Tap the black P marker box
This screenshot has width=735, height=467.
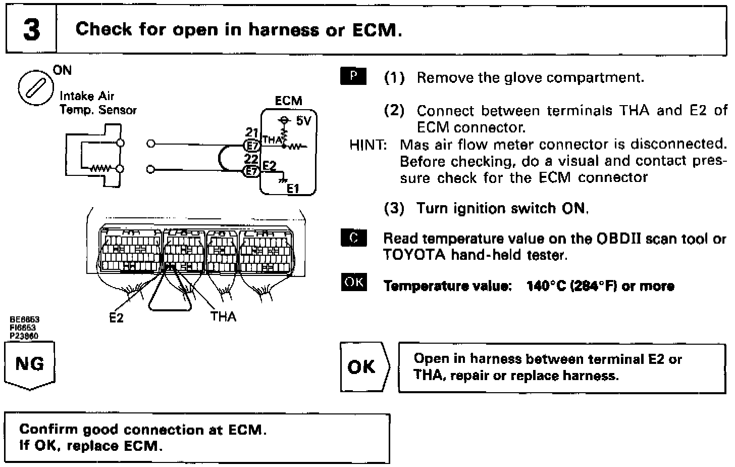[353, 76]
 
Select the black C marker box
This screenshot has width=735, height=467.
[354, 238]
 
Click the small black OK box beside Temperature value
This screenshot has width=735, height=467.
[354, 282]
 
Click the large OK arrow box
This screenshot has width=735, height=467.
[363, 367]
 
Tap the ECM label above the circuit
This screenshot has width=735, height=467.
[288, 101]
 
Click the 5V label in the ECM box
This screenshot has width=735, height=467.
[303, 121]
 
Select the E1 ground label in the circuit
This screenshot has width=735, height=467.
[293, 189]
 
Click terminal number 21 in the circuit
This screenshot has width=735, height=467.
[251, 133]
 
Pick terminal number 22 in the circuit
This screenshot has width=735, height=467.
[251, 159]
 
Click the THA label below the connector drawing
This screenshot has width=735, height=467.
[223, 316]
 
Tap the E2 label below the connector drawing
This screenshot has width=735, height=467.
[116, 317]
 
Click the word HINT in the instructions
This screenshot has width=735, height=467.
[367, 145]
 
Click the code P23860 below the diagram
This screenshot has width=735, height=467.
[25, 336]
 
